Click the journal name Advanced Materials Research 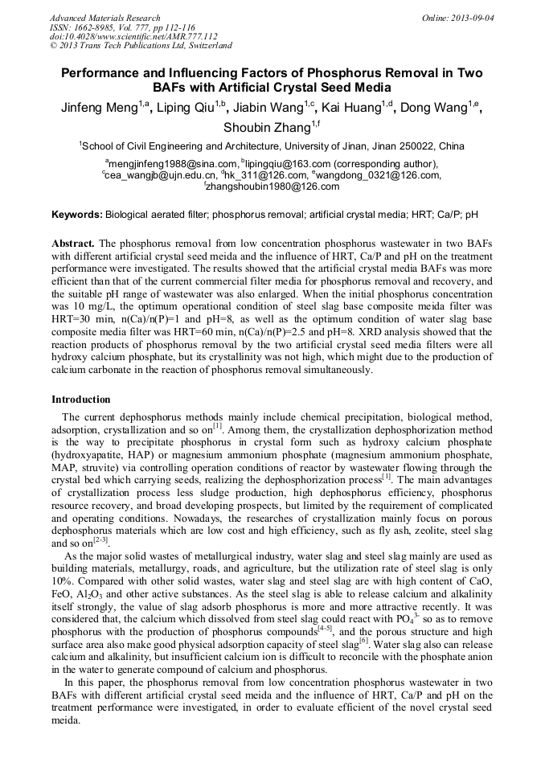pyautogui.click(x=104, y=18)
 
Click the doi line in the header pyautogui.click(x=110, y=37)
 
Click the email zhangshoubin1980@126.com pyautogui.click(x=273, y=187)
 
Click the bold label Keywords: pyautogui.click(x=76, y=215)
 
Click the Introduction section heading pyautogui.click(x=80, y=400)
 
